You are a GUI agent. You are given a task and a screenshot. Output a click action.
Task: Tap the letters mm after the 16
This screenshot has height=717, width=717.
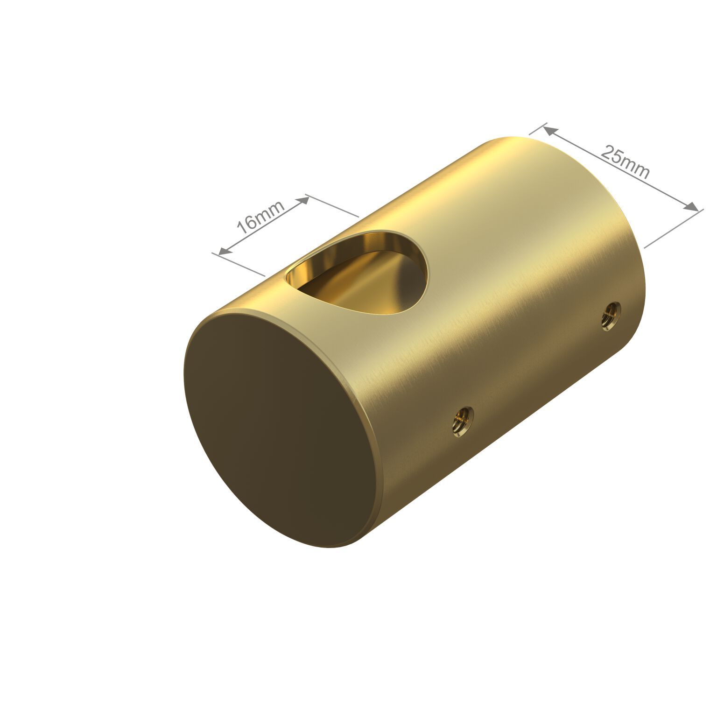pos(270,210)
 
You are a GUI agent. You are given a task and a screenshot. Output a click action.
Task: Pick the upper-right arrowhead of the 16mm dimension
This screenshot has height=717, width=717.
pos(303,200)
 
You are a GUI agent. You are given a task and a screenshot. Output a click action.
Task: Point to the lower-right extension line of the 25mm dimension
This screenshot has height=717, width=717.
pos(672,229)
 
